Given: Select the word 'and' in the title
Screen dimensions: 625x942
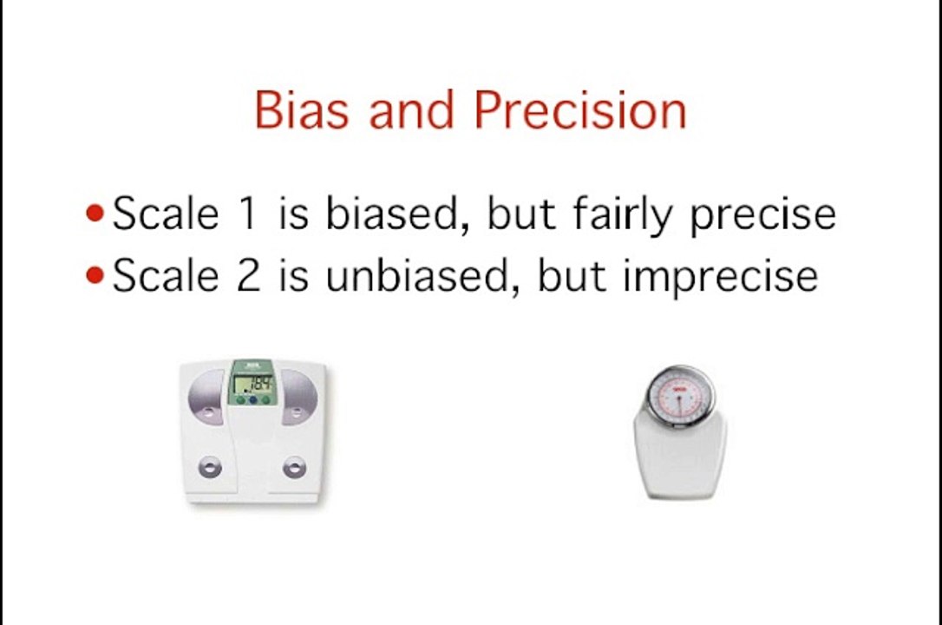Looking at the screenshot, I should point(412,110).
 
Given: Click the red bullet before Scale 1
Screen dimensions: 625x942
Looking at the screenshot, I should point(95,214).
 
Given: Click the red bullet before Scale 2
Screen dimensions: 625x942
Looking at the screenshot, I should point(95,275).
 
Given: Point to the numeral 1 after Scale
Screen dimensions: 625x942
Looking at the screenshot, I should point(248,214).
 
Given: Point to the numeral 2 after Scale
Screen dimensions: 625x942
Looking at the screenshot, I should point(248,276).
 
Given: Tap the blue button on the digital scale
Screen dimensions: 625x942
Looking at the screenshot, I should point(252,400).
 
